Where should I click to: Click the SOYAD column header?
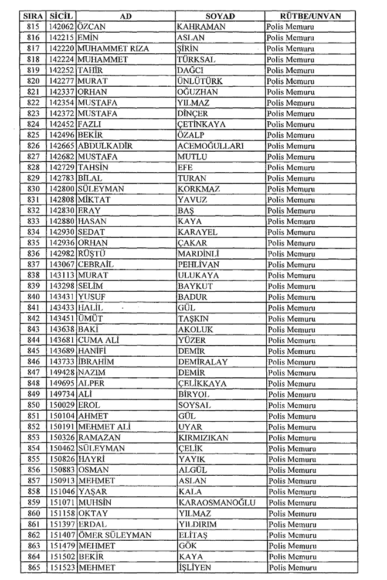tap(220, 16)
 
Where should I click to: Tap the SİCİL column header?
tap(61, 16)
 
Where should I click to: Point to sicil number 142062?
tap(62, 27)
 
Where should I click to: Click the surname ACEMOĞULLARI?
tap(211, 146)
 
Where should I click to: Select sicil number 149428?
tap(62, 373)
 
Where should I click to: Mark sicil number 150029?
tap(62, 405)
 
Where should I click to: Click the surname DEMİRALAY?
tap(202, 362)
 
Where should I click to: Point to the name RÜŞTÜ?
tap(93, 254)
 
